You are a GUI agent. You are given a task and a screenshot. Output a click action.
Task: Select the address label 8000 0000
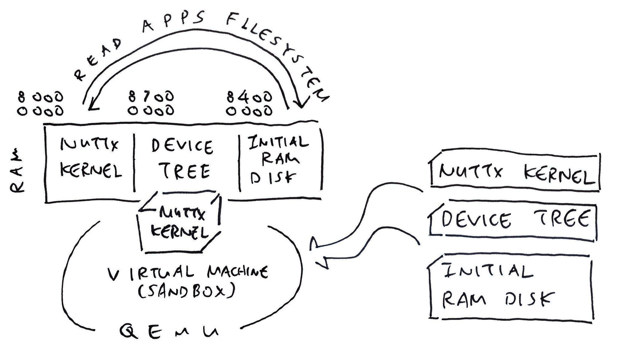41,104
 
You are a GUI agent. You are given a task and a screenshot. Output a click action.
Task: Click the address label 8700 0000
151,103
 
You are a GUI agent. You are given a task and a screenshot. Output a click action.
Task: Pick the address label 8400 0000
249,104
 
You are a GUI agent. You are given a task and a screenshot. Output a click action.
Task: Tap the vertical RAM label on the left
17,171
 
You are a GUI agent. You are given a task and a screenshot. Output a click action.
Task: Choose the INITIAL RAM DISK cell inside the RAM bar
278,159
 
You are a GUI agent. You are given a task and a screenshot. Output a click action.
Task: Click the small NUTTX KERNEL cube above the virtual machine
179,223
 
